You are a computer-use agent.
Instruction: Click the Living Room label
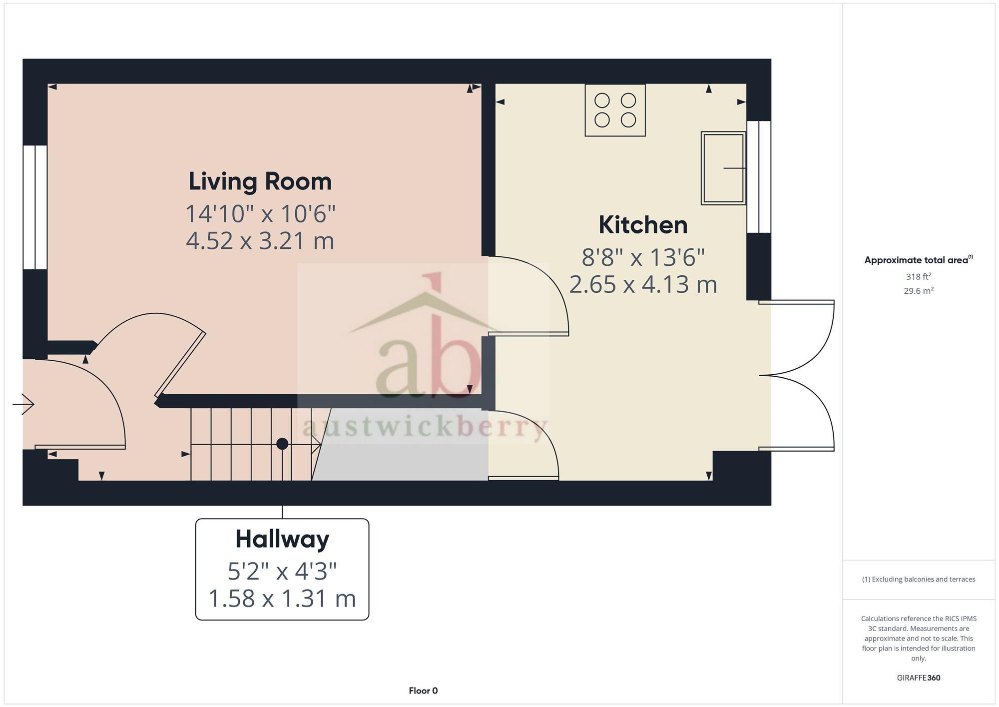point(260,181)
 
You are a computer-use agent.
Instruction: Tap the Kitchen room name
point(643,225)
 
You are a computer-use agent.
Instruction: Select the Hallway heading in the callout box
point(282,539)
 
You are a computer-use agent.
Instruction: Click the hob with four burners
point(615,110)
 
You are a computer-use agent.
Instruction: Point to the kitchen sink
point(723,168)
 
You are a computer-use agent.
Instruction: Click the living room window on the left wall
point(35,207)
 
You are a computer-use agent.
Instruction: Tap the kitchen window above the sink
point(759,177)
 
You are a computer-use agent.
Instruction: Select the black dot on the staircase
point(282,443)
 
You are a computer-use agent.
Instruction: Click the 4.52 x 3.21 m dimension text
point(260,241)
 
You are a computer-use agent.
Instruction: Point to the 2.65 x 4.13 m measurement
point(643,285)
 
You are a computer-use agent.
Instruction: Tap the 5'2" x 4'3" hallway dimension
point(282,571)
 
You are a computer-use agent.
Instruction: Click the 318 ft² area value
point(918,276)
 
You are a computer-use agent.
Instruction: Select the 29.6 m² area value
point(918,291)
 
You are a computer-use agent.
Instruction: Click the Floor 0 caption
point(423,691)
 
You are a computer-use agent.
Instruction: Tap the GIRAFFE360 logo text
point(918,678)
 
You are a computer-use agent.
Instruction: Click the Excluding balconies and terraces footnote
point(918,580)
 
